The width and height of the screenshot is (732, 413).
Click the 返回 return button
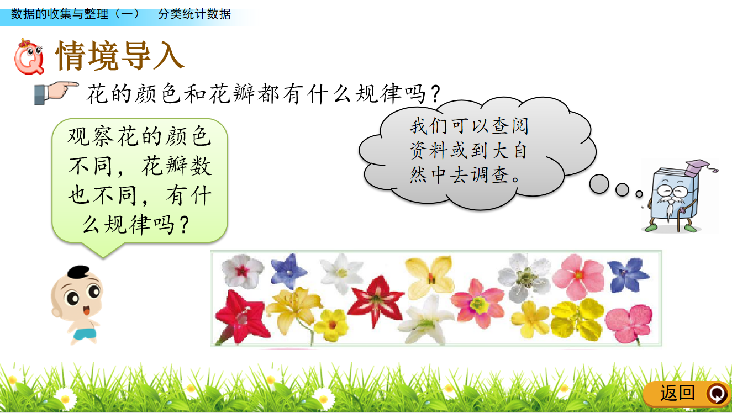click(687, 394)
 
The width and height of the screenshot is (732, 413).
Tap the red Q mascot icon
click(28, 57)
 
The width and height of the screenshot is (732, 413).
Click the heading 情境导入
click(120, 56)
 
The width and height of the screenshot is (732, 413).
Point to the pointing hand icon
click(56, 93)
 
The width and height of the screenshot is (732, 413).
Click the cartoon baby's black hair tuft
click(78, 272)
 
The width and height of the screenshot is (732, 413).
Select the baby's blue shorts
click(85, 333)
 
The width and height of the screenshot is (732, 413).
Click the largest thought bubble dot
click(599, 184)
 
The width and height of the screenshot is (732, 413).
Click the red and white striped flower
click(376, 300)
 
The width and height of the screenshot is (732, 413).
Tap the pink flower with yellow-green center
click(478, 304)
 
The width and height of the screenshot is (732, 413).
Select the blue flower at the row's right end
click(628, 275)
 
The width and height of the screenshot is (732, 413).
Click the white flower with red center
click(242, 271)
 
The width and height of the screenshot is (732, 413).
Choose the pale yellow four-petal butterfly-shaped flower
click(429, 277)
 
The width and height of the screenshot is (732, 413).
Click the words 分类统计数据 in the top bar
click(194, 14)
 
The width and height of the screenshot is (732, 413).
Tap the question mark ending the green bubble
click(185, 225)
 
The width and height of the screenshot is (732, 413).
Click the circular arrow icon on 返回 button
click(717, 394)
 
